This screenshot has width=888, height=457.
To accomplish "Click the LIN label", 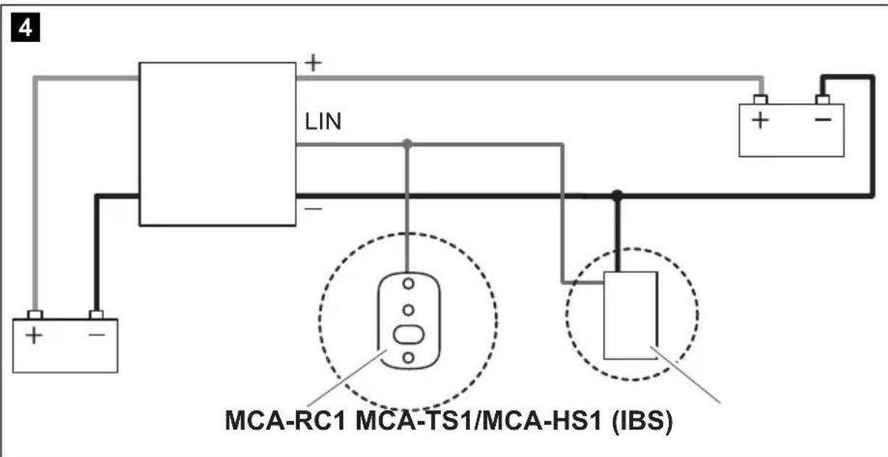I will [x=323, y=122].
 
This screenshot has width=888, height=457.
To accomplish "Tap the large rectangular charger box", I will [x=217, y=143].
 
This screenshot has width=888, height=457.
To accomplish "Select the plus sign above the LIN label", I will [x=312, y=63].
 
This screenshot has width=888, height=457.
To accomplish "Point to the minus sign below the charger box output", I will [x=312, y=208].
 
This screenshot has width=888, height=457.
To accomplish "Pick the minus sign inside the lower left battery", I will [x=96, y=335].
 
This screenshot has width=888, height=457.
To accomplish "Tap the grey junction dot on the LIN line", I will [x=407, y=144].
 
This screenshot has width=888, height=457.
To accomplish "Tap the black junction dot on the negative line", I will [x=617, y=195].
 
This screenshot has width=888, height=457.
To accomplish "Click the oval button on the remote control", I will [x=408, y=334].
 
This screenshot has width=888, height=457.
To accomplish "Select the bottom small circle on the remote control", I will [x=408, y=357].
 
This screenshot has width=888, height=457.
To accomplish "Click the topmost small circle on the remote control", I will [x=408, y=283].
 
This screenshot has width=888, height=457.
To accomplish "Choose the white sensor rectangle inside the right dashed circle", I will [x=630, y=315].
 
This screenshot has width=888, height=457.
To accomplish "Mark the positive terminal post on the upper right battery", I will [x=759, y=99].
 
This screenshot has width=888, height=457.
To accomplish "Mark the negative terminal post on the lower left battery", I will [x=96, y=315].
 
